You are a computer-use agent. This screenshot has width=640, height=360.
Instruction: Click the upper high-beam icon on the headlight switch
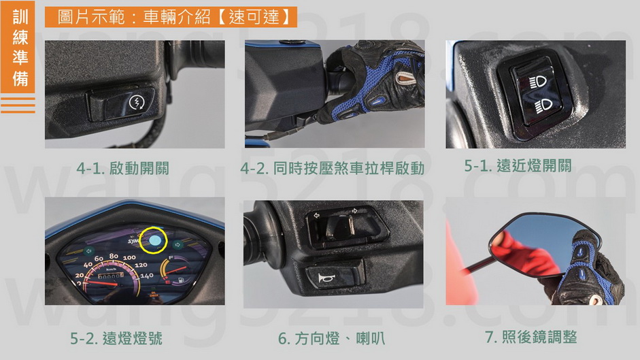(539, 82)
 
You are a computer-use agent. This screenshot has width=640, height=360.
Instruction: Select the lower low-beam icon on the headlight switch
(543, 106)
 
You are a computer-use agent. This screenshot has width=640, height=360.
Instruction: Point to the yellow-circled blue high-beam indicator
(154, 240)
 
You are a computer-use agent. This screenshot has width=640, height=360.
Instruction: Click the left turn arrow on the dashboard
(88, 251)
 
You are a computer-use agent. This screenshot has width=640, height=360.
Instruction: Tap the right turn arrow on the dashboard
(178, 245)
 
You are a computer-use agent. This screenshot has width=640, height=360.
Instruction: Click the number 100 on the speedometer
(129, 257)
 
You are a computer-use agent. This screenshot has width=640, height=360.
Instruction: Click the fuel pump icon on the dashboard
(180, 281)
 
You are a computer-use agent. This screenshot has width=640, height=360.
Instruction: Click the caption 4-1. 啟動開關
(122, 168)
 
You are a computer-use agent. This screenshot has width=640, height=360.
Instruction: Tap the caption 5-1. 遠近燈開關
(518, 165)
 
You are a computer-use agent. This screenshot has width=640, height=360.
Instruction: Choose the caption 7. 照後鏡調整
(530, 337)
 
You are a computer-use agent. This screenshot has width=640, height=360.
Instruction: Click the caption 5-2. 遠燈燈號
(116, 338)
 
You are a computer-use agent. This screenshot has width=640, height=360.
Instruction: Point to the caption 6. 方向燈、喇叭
(331, 338)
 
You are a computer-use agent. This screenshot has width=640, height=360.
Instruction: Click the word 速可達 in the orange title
(254, 17)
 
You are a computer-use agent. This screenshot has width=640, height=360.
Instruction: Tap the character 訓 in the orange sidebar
(20, 17)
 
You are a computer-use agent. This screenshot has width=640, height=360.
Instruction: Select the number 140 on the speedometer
(146, 276)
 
